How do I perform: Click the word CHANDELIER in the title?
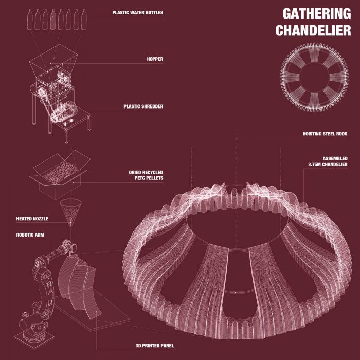click(313, 30)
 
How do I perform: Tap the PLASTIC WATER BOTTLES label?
click(138, 12)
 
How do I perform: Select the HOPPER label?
click(155, 59)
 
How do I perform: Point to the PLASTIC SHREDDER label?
click(143, 107)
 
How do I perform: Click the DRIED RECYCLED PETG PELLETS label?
click(146, 175)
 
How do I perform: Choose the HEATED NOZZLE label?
click(32, 219)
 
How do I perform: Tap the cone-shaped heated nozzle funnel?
click(71, 211)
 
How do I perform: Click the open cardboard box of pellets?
click(57, 177)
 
